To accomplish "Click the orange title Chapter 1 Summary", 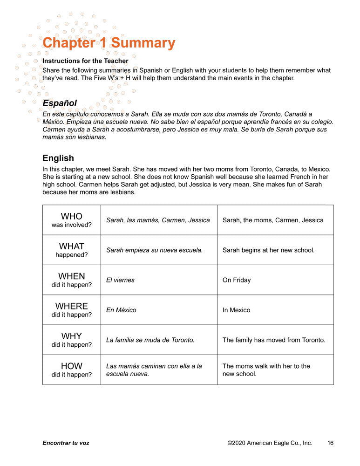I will click(109, 43).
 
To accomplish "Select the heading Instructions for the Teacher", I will click(85, 61).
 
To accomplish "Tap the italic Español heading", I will click(60, 103).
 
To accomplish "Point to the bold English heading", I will click(58, 158).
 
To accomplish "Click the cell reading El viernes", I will click(120, 280).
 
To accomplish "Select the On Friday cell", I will click(237, 280).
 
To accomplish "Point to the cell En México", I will click(121, 310).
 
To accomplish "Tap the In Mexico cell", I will click(236, 310).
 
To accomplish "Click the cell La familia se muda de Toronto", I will click(150, 340).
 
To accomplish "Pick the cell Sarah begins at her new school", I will click(268, 250).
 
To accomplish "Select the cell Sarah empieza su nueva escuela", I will click(154, 250).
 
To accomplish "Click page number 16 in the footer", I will click(330, 443).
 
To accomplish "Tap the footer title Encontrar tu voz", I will click(66, 443).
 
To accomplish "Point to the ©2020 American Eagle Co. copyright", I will click(270, 443).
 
